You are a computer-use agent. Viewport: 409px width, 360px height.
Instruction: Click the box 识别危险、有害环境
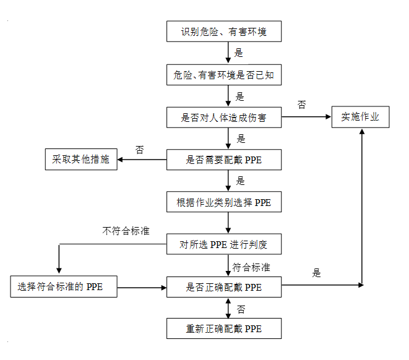pyautogui.click(x=224, y=32)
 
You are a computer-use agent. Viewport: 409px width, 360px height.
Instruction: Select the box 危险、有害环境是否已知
pyautogui.click(x=224, y=75)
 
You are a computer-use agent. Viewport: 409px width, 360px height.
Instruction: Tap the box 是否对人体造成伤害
pyautogui.click(x=224, y=118)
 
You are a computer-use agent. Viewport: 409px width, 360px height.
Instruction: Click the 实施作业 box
pyautogui.click(x=361, y=117)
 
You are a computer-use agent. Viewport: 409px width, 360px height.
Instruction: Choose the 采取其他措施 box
pyautogui.click(x=81, y=159)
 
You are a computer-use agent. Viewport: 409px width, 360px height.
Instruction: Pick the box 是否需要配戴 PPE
pyautogui.click(x=224, y=160)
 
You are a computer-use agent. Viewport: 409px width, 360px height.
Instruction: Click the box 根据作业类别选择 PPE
pyautogui.click(x=224, y=202)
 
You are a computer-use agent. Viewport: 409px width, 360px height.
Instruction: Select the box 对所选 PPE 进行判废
pyautogui.click(x=224, y=244)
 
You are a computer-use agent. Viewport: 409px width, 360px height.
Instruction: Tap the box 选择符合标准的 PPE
pyautogui.click(x=64, y=286)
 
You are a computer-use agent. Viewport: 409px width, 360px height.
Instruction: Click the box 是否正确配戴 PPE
pyautogui.click(x=224, y=287)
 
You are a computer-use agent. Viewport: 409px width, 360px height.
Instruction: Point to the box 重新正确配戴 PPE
pyautogui.click(x=224, y=328)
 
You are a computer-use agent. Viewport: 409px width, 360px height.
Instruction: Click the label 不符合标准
pyautogui.click(x=126, y=231)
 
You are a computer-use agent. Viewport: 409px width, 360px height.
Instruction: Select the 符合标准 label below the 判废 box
pyautogui.click(x=251, y=267)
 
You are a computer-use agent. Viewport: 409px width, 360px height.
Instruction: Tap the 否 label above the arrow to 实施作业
pyautogui.click(x=302, y=105)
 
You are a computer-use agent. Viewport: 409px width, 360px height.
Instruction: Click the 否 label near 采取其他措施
pyautogui.click(x=140, y=150)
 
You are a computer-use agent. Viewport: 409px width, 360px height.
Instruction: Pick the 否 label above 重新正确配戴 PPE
pyautogui.click(x=241, y=309)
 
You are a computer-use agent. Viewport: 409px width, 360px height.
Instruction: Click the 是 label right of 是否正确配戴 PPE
pyautogui.click(x=316, y=273)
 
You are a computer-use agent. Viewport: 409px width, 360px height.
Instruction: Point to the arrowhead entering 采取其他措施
pyautogui.click(x=119, y=160)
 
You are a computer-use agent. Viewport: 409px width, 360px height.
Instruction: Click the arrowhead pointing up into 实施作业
pyautogui.click(x=362, y=131)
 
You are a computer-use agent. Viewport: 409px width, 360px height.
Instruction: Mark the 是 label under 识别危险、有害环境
pyautogui.click(x=238, y=53)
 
